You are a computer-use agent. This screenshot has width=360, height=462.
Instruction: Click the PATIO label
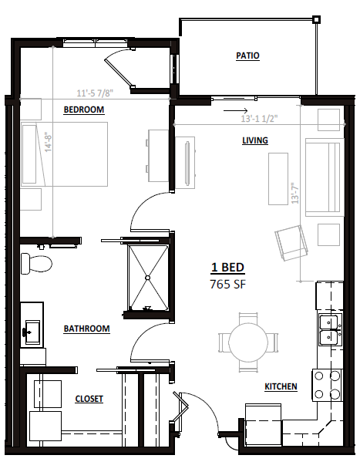pyautogui.click(x=247, y=56)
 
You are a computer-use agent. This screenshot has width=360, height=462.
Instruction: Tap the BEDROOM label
pyautogui.click(x=84, y=110)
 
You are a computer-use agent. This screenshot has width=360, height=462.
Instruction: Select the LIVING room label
pyautogui.click(x=255, y=140)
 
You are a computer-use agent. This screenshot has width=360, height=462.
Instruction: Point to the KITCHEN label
pyautogui.click(x=281, y=386)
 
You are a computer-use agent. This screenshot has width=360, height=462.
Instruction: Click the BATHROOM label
pyautogui.click(x=87, y=329)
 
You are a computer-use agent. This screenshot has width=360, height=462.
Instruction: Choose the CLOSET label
pyautogui.click(x=89, y=399)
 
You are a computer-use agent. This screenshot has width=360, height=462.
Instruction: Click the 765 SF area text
pyautogui.click(x=227, y=285)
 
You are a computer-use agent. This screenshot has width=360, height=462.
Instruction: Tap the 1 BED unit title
pyautogui.click(x=227, y=268)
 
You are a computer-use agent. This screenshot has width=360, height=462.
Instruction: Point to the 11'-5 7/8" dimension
pyautogui.click(x=95, y=93)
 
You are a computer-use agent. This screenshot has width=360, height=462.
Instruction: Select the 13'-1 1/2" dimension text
pyautogui.click(x=259, y=119)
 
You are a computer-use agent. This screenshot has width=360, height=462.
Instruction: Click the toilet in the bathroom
pyautogui.click(x=36, y=264)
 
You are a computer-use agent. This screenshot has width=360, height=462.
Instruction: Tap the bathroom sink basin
pyautogui.click(x=32, y=332)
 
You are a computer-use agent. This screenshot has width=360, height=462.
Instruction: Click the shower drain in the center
pyautogui.click(x=147, y=277)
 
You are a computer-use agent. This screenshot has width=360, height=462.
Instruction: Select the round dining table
pyautogui.click(x=248, y=342)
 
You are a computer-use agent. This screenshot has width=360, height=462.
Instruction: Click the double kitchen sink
pyautogui.click(x=330, y=329)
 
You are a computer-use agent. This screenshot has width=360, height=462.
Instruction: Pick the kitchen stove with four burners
pyautogui.click(x=328, y=385)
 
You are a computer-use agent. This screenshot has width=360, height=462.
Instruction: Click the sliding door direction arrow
pyautogui.click(x=236, y=111)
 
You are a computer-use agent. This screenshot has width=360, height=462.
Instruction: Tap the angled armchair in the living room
pyautogui.click(x=291, y=243)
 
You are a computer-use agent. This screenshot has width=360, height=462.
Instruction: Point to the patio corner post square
pyautogui.click(x=316, y=20)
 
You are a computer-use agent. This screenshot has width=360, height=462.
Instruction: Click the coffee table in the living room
pyautogui.click(x=278, y=179)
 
